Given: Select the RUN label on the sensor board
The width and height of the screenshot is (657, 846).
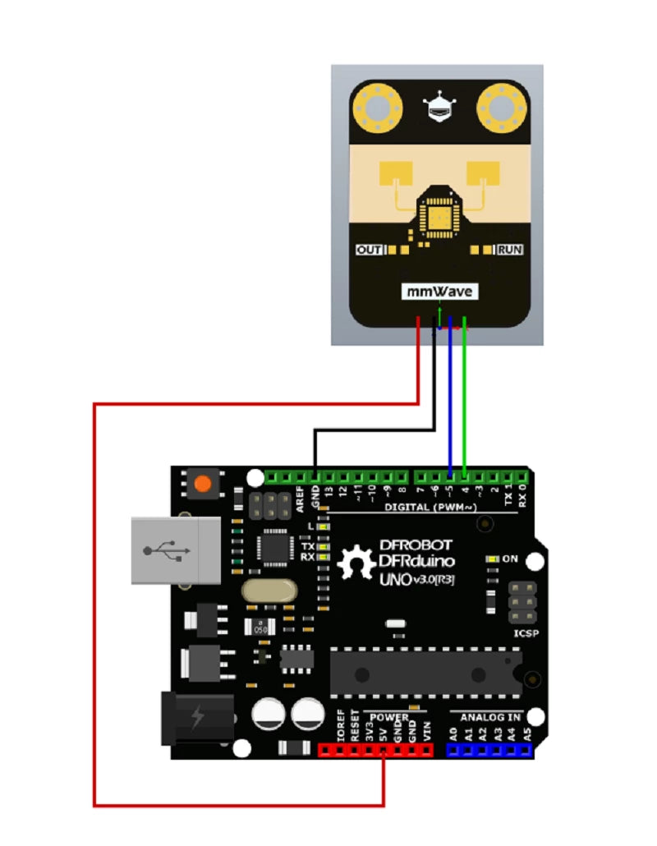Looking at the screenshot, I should tap(510, 249).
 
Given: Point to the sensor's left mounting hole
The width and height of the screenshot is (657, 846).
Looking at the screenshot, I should tap(377, 108).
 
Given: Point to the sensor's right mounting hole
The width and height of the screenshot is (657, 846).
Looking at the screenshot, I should tap(502, 108).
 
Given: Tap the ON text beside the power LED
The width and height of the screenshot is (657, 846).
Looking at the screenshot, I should tap(510, 559).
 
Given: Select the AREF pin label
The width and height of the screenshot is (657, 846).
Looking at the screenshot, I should tap(301, 499).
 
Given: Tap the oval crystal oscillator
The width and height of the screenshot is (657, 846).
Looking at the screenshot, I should tap(268, 591).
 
